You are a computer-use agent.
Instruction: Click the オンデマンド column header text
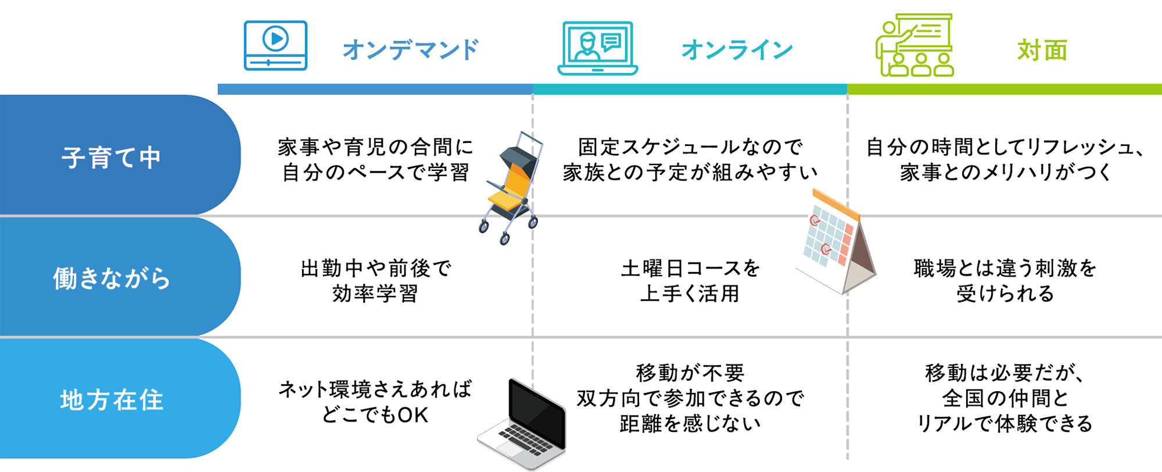click(411, 51)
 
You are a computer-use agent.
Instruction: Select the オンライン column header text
click(737, 51)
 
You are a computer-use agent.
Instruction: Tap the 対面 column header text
click(1042, 51)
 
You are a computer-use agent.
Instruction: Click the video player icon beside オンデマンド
click(275, 48)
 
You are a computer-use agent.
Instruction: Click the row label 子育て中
click(111, 158)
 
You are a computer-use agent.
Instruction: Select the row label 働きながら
click(111, 278)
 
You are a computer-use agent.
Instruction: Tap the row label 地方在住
click(111, 400)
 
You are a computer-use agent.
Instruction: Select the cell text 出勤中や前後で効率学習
click(375, 281)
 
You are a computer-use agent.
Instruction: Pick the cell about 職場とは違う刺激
click(1005, 281)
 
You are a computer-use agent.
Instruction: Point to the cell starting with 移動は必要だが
click(1005, 398)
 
